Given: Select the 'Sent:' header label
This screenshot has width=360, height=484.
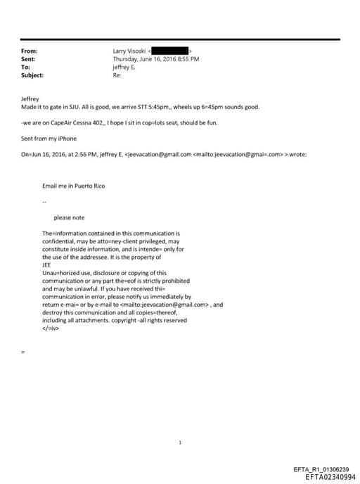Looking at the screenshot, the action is coord(29,59).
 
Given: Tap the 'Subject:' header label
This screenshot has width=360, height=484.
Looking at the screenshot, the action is coord(32,75).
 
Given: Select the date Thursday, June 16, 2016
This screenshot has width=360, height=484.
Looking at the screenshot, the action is coord(143,59).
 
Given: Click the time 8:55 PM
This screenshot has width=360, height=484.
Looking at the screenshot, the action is coord(187,59).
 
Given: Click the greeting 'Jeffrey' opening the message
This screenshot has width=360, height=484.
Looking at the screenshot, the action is coord(31,99).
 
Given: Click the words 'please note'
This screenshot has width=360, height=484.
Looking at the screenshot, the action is coord(69,218).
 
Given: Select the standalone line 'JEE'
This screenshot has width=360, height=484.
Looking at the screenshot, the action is coord(47,265).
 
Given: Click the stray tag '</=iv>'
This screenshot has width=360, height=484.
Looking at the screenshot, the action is coord(51,328).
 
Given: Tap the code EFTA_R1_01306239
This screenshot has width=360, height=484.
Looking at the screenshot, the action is coord(321,470).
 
